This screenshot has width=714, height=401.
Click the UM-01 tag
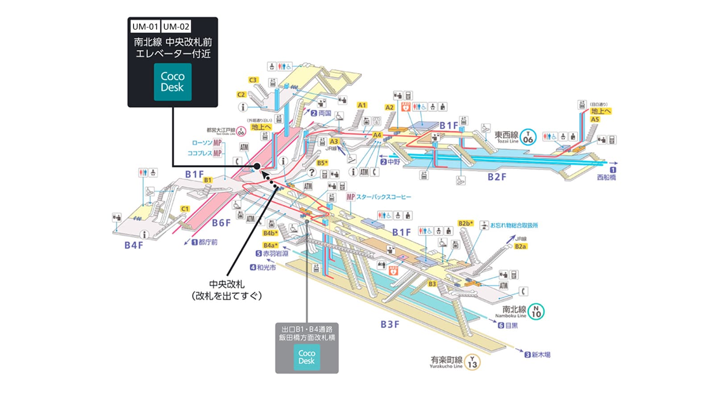145,26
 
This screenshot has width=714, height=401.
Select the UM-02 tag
176,26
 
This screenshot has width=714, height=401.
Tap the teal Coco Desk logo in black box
173,82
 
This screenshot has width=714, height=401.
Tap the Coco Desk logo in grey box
307,357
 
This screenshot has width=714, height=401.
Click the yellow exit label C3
253,80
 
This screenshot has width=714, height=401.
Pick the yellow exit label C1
185,209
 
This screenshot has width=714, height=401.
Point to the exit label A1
362,105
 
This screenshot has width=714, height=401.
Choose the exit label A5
595,119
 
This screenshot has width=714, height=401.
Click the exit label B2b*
465,223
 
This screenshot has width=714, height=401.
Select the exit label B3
432,284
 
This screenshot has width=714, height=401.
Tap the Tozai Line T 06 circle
528,137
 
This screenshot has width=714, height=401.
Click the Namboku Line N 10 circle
536,311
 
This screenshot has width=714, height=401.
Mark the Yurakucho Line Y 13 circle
472,362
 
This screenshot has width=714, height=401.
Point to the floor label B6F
221,222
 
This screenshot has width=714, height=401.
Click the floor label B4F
134,245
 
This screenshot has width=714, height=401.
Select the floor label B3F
390,324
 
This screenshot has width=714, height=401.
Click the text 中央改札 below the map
227,284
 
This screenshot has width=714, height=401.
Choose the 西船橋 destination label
606,177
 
